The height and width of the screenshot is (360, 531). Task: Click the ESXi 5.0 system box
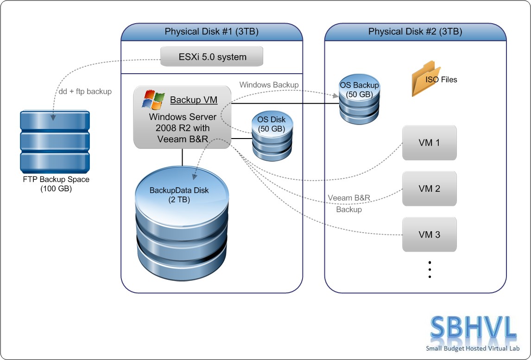pos(212,57)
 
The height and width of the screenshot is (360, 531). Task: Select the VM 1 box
pos(429,143)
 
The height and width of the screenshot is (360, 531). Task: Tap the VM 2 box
pos(429,189)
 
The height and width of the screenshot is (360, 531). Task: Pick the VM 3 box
pos(429,234)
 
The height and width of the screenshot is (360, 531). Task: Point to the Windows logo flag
pos(153,100)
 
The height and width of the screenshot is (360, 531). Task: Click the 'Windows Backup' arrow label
pos(269,85)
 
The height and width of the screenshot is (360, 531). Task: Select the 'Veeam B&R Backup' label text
pos(349,203)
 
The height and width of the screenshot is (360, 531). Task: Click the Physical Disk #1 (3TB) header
pos(212,32)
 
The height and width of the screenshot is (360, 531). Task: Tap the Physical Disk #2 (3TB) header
pos(415,32)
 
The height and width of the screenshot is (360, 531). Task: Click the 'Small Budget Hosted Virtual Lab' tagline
pos(473,349)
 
